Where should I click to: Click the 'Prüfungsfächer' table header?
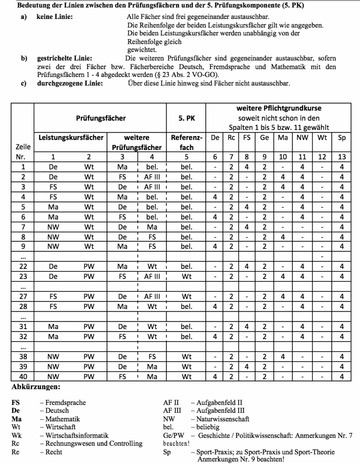[x=100, y=118]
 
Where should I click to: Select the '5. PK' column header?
[x=186, y=118]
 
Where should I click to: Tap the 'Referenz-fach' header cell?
[x=186, y=142]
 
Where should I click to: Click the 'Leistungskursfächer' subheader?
[x=69, y=137]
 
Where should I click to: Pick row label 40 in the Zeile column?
[x=23, y=376]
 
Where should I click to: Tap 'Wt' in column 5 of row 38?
[x=186, y=357]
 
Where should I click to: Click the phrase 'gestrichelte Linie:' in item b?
[x=64, y=58]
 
